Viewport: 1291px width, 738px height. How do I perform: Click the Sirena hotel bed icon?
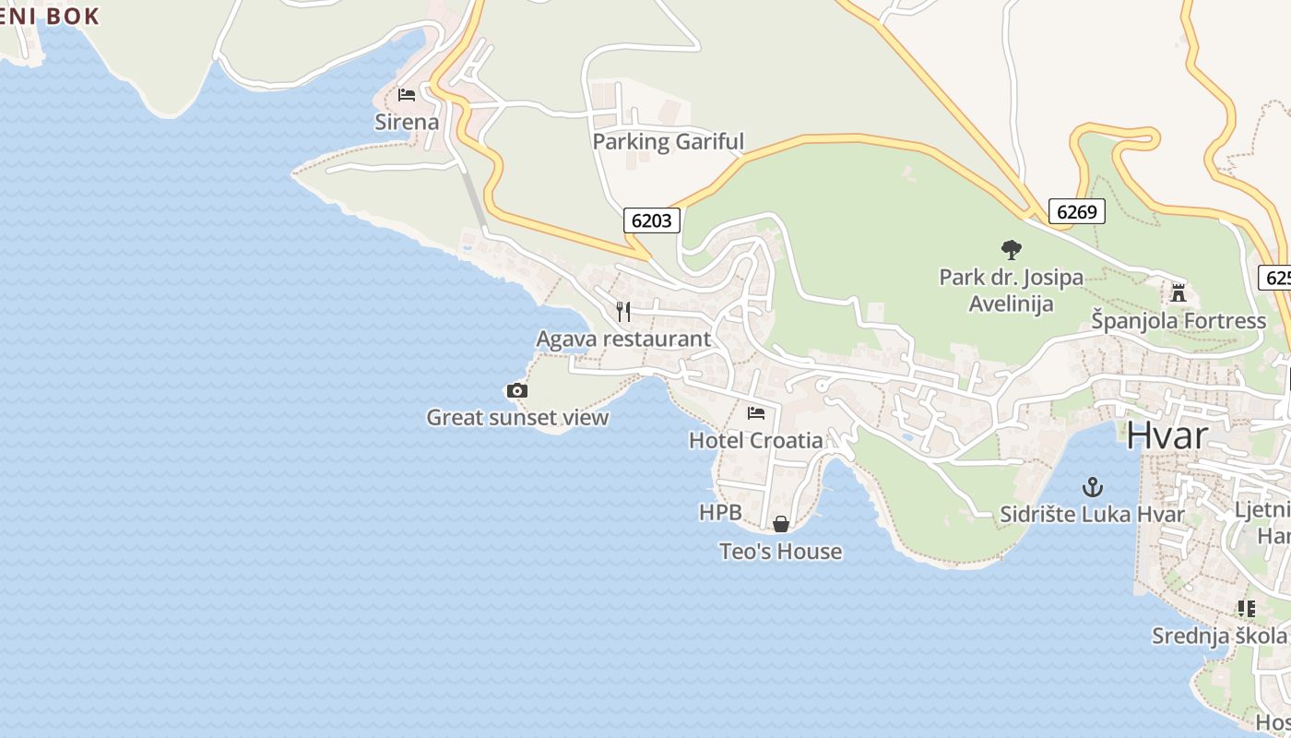tap(407, 94)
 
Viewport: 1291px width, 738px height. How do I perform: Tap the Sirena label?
tap(407, 122)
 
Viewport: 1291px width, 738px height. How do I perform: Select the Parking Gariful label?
tap(668, 142)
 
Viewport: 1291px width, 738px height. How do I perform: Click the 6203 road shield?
tap(652, 220)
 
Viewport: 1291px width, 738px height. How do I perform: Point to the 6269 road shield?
tap(1076, 212)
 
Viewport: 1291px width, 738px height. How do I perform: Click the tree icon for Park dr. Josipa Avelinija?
tap(1011, 249)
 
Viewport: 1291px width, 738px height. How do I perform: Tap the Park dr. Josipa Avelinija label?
tap(1011, 290)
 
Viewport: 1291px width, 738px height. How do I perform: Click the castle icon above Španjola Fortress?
tap(1178, 293)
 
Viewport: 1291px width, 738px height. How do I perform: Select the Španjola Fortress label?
tap(1178, 321)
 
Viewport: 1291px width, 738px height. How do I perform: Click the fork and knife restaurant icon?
tap(623, 311)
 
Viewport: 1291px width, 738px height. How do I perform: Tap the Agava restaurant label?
tap(623, 339)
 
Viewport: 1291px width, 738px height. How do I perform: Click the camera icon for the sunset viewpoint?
tap(517, 391)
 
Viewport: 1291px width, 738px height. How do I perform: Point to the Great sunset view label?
tap(517, 418)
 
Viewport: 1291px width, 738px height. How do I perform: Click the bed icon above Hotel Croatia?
tap(756, 413)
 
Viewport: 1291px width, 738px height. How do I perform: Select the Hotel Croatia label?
tap(756, 441)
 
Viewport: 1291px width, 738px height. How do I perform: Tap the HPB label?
tap(720, 513)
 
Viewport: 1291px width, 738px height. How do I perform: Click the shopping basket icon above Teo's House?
tap(781, 524)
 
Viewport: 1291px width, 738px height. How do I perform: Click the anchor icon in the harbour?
tap(1093, 486)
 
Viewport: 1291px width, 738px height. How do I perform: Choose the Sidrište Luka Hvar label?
tap(1093, 514)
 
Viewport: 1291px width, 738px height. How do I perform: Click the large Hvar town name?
tap(1167, 434)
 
